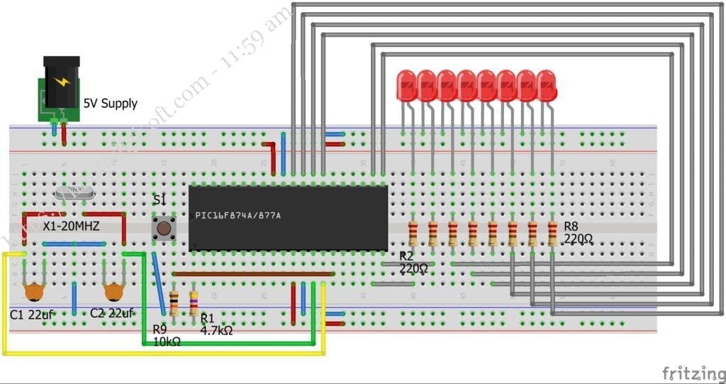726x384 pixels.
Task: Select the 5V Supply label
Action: point(111,104)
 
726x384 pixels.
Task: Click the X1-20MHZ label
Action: point(71,226)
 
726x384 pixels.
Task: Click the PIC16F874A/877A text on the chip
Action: point(238,215)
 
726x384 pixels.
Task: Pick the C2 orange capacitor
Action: point(113,291)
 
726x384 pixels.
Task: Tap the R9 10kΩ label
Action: point(167,335)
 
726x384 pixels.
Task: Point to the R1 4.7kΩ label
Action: point(216,324)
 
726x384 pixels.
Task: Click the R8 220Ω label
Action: point(578,233)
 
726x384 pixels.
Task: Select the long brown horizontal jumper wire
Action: point(254,273)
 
